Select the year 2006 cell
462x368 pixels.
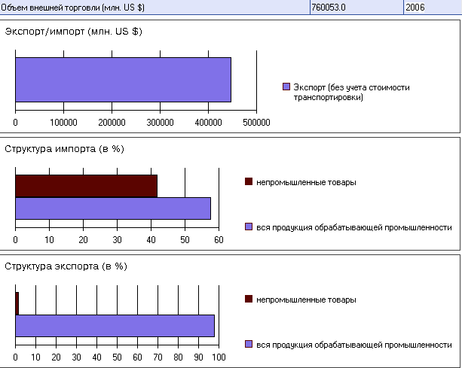(415, 7)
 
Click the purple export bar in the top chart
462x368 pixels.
(123, 79)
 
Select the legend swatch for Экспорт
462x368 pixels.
(286, 87)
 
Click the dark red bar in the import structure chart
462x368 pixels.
(86, 186)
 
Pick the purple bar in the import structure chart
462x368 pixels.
(113, 208)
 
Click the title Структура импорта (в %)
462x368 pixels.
(64, 148)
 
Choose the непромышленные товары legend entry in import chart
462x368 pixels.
(306, 181)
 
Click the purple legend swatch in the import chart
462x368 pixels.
(249, 227)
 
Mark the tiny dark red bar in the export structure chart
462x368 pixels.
(17, 303)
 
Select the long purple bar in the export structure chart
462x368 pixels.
(115, 326)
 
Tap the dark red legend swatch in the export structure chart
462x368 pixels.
(249, 299)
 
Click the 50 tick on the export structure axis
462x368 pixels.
(118, 357)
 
